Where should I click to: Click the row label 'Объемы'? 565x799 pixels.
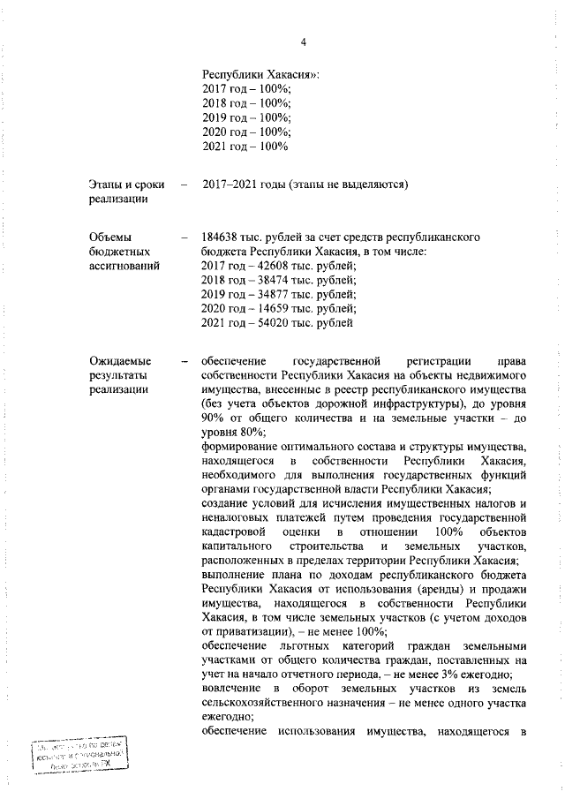pos(110,238)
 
